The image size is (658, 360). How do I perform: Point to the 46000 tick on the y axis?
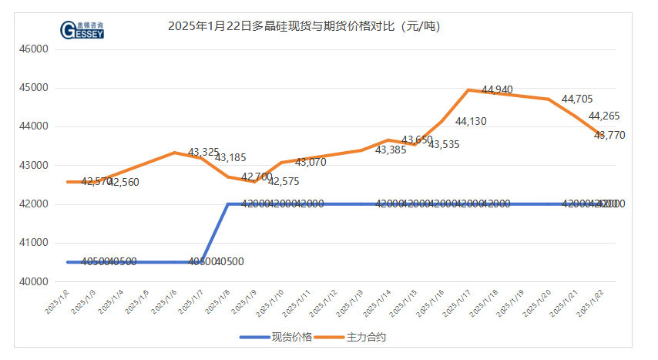click(33, 49)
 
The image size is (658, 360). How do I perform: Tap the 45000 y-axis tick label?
click(33, 87)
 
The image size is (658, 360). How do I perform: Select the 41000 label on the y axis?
click(33, 243)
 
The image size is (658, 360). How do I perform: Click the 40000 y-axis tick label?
click(33, 281)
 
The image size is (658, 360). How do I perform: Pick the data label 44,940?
click(497, 90)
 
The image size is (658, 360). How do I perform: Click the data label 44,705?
click(577, 99)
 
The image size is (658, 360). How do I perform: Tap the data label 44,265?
click(604, 116)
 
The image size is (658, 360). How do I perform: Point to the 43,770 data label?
click(609, 135)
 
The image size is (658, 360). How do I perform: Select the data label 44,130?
click(471, 121)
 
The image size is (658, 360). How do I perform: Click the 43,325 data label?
click(203, 152)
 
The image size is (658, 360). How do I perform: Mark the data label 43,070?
click(311, 163)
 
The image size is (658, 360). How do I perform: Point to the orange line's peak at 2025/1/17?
click(468, 89)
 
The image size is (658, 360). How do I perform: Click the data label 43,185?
click(230, 158)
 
